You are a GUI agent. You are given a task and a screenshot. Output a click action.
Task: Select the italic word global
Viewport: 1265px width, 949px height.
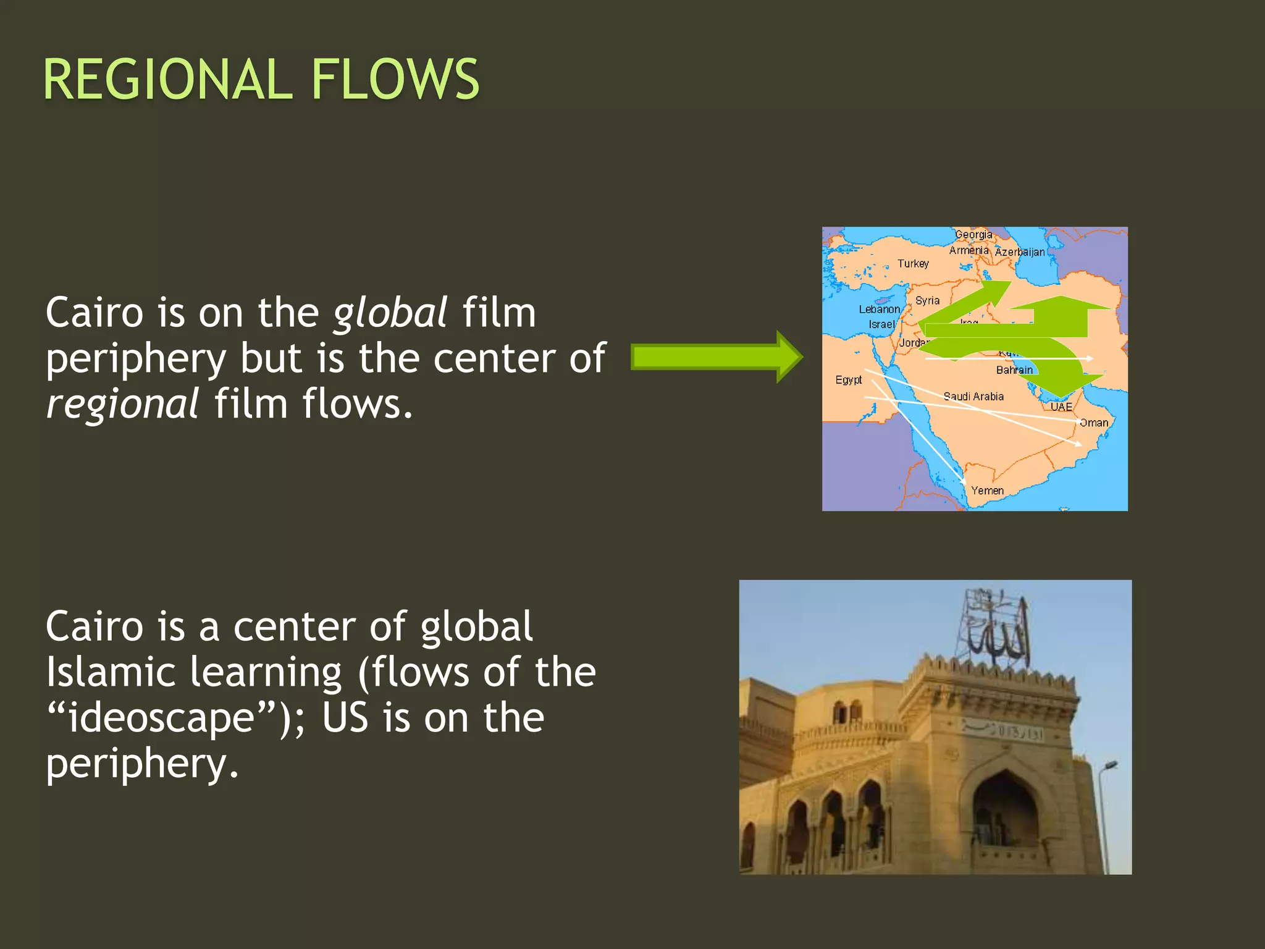click(x=390, y=313)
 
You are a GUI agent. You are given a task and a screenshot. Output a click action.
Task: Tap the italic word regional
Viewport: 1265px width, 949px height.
click(x=122, y=405)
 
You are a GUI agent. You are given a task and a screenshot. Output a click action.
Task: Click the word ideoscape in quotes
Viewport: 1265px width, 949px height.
click(x=161, y=718)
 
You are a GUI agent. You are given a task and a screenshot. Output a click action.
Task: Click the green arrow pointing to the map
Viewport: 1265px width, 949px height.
click(x=717, y=357)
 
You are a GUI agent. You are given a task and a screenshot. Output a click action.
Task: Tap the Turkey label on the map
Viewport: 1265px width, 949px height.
click(x=913, y=264)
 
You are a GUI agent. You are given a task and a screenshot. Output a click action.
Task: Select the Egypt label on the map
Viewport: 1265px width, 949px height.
click(x=848, y=379)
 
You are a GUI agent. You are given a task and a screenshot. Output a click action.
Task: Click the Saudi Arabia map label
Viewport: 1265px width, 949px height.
click(x=973, y=397)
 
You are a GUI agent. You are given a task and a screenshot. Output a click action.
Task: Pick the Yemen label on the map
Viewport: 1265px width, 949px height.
click(x=987, y=491)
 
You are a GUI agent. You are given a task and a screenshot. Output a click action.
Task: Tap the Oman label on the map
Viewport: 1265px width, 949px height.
click(x=1094, y=423)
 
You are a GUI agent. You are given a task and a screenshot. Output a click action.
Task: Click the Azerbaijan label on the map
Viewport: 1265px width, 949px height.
click(x=1020, y=252)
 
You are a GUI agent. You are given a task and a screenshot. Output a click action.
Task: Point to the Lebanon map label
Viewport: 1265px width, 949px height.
click(x=879, y=309)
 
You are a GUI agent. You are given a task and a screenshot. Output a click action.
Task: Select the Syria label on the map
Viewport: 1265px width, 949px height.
click(x=927, y=301)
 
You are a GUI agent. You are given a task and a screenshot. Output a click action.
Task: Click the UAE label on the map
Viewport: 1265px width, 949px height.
click(x=1061, y=407)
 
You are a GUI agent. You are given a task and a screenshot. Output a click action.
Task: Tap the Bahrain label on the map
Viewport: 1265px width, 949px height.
click(x=1014, y=370)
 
